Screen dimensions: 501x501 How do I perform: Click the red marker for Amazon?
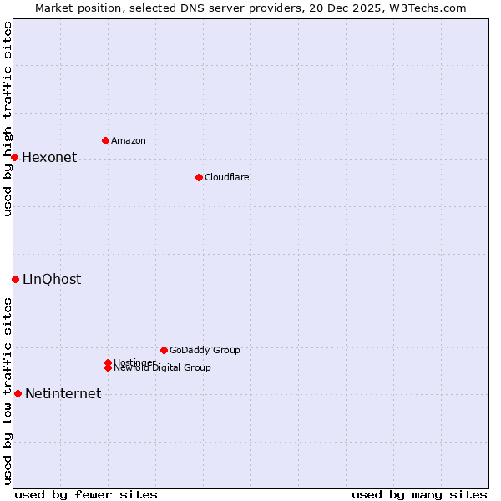click(x=105, y=140)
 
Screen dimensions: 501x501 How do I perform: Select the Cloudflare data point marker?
click(x=199, y=177)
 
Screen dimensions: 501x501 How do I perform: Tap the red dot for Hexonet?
click(x=14, y=157)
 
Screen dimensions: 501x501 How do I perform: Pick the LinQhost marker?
click(x=15, y=279)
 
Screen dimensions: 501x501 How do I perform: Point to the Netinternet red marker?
click(x=18, y=393)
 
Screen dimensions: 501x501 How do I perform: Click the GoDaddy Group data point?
click(x=164, y=350)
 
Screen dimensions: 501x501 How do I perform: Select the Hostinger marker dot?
click(x=108, y=362)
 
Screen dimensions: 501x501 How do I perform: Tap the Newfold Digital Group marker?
click(x=108, y=367)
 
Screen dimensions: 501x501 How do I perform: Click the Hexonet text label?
click(x=49, y=158)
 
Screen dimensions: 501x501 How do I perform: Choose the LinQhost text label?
click(x=52, y=280)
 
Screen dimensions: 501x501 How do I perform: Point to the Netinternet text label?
click(x=63, y=394)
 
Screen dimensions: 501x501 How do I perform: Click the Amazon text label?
click(x=129, y=140)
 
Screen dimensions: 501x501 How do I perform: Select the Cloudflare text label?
click(x=227, y=177)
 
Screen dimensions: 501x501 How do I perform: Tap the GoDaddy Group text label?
click(x=205, y=350)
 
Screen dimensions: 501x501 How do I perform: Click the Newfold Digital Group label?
click(x=162, y=368)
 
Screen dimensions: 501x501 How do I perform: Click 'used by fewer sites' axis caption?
click(x=86, y=494)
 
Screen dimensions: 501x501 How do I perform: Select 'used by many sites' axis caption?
click(x=419, y=494)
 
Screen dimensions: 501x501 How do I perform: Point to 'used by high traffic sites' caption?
click(x=8, y=119)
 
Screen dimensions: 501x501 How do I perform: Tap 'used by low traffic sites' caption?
click(x=8, y=391)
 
